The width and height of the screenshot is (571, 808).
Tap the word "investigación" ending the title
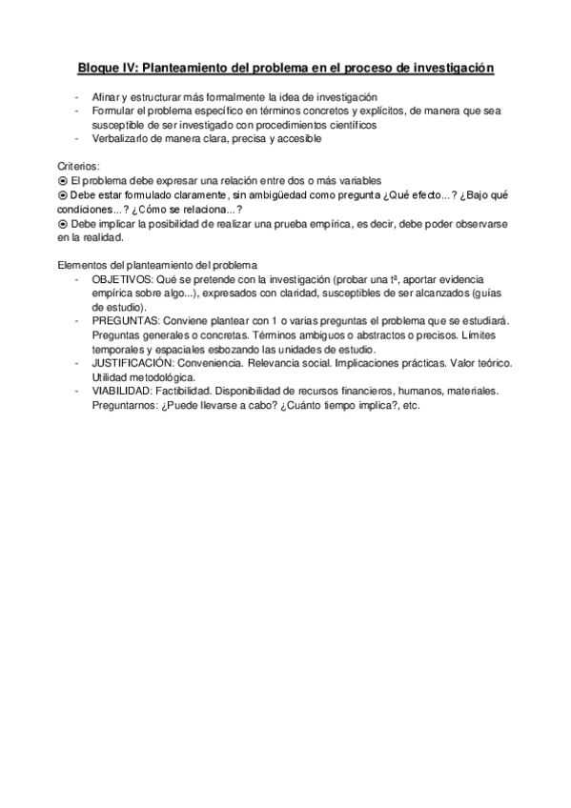[451, 69]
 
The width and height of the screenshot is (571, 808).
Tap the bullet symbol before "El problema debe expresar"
[63, 180]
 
